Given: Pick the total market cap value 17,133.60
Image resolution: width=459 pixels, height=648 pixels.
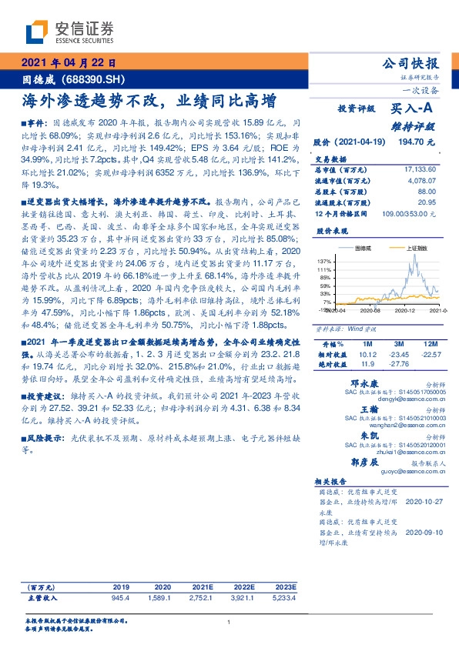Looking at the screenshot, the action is [x=420, y=169].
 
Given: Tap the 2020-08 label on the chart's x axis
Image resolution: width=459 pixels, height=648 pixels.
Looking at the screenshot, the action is [x=370, y=309].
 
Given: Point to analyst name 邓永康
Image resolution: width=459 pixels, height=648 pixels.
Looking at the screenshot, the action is [x=364, y=382].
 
